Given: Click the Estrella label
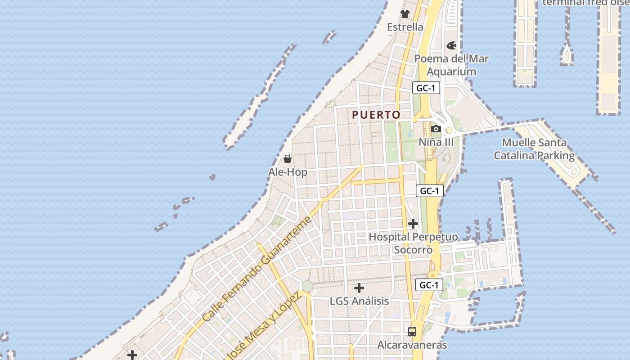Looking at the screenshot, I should [x=405, y=27].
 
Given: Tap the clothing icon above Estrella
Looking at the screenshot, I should [x=405, y=14].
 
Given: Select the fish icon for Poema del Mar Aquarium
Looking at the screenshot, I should [x=451, y=45].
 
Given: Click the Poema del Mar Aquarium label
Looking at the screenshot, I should [x=451, y=65].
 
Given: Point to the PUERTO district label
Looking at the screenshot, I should [x=376, y=115].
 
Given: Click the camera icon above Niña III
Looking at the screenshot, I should [x=436, y=129].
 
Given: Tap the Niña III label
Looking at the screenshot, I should [x=436, y=142].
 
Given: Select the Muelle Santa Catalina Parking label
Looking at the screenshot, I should [x=534, y=149].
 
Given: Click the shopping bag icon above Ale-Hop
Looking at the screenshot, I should [x=288, y=159].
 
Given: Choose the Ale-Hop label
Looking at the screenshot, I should [x=288, y=172].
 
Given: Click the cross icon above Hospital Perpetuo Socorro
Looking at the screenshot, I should [x=413, y=223].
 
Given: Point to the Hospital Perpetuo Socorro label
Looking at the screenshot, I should [x=413, y=243].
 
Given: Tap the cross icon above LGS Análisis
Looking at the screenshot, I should [x=359, y=288].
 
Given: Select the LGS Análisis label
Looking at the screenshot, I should [x=359, y=301].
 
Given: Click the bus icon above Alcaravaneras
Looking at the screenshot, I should [x=412, y=332].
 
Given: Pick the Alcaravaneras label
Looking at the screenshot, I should [x=412, y=345].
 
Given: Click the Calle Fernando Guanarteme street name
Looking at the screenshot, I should [x=256, y=270].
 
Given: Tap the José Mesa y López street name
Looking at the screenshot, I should [x=264, y=326].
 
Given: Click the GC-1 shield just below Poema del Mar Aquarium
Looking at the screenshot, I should [x=426, y=88].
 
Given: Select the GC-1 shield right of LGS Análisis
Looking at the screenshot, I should [x=429, y=285].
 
